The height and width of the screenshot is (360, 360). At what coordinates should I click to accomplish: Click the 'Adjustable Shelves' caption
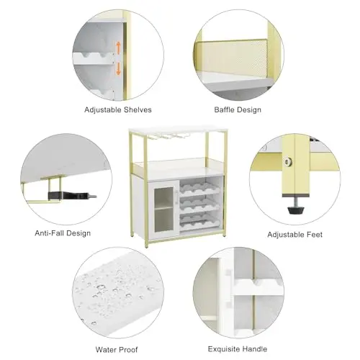point(118,110)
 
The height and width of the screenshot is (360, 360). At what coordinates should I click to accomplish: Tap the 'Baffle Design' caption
point(238,110)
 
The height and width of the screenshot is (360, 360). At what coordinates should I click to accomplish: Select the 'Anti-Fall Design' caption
point(63,233)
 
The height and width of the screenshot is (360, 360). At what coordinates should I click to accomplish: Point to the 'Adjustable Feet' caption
point(295,235)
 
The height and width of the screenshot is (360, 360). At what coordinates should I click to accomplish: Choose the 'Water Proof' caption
point(117,349)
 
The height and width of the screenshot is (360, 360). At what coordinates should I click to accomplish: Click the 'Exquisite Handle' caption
point(238,348)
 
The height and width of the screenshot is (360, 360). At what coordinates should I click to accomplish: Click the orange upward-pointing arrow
point(118,48)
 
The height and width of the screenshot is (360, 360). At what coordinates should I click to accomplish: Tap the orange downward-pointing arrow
point(118,68)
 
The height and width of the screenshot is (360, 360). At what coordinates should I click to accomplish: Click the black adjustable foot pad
point(296,210)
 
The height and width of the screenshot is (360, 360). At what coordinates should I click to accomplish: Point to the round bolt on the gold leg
point(287,161)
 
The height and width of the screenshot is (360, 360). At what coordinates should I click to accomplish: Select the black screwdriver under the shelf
point(72,195)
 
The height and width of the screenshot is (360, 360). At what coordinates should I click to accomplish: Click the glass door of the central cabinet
point(163,210)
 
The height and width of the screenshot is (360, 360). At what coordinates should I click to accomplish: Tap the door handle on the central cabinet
point(176,197)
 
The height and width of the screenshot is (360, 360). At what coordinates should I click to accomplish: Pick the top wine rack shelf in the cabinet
point(199,188)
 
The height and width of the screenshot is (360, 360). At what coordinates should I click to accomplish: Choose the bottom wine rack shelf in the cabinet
point(199,221)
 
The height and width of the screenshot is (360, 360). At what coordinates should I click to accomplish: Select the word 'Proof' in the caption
point(128,349)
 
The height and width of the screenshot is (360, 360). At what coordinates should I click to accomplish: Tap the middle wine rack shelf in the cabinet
point(199,204)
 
